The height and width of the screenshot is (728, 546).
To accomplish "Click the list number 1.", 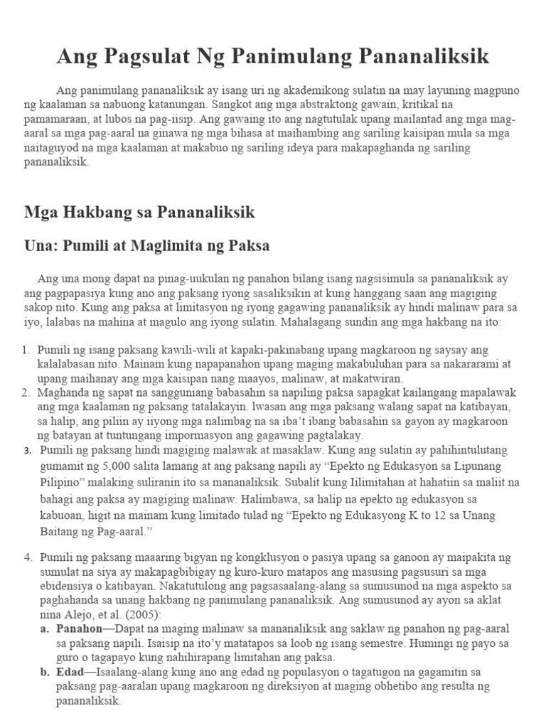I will pos(26,350).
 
